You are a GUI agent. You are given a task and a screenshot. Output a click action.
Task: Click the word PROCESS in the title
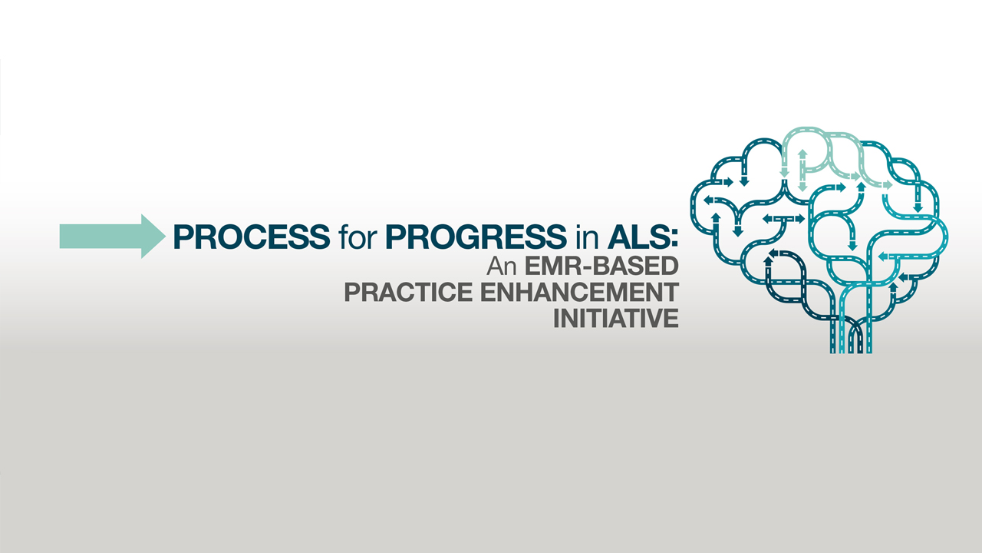[x=252, y=237]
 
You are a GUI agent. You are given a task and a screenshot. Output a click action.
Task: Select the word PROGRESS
[x=476, y=237]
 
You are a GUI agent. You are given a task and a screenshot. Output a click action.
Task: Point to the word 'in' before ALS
[x=587, y=237]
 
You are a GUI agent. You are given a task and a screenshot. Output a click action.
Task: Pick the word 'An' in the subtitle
[x=502, y=266]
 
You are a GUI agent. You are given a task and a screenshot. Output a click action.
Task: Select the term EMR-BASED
[x=601, y=266]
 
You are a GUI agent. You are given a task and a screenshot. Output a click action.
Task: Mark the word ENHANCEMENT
[x=580, y=292]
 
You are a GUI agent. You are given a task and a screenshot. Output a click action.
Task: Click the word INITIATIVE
[x=616, y=318]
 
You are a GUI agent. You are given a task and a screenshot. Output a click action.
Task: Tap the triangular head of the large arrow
[x=152, y=236]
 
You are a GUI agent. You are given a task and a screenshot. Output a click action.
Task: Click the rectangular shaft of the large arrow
[x=101, y=236]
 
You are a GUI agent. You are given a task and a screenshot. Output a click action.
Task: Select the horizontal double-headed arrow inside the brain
[x=784, y=219]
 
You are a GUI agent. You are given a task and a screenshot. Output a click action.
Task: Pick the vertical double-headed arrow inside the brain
[x=802, y=171]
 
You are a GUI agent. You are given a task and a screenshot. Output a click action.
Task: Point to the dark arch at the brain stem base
[x=855, y=333]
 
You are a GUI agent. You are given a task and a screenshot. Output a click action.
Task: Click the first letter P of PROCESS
[x=183, y=237]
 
